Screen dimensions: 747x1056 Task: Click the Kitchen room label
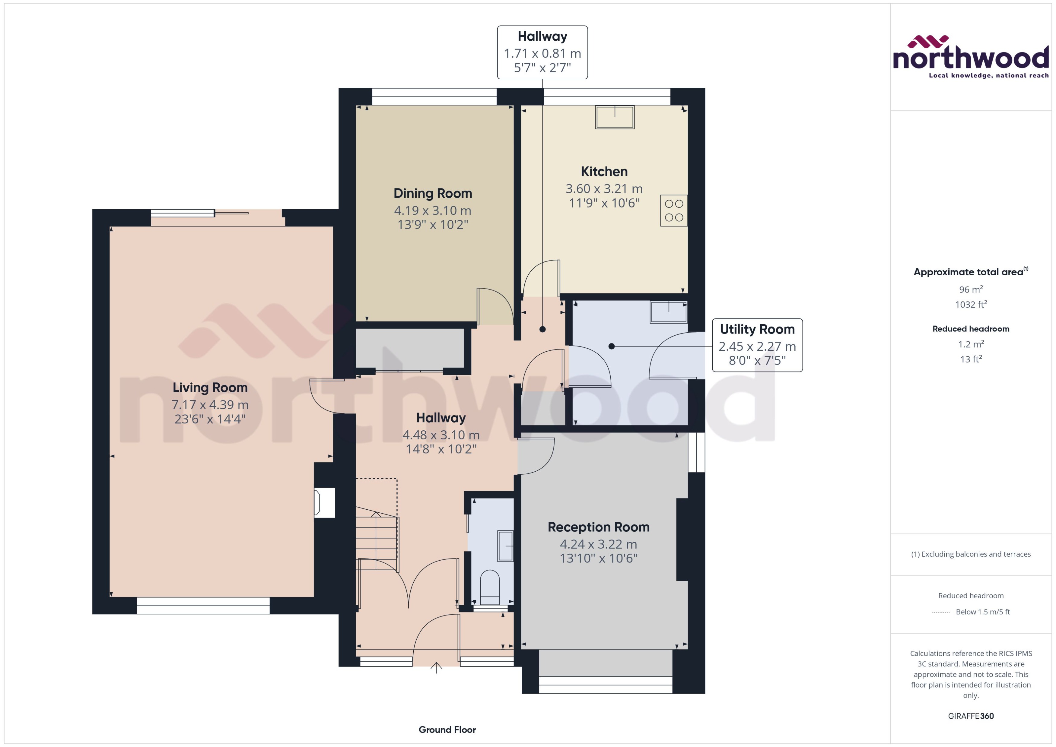[x=604, y=172]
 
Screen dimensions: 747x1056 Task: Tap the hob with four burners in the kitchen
[x=674, y=211]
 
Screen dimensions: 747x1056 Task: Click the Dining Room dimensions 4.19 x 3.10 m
[x=433, y=211]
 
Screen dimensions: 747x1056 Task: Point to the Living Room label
[x=210, y=388]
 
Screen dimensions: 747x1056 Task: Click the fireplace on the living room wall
[x=324, y=502]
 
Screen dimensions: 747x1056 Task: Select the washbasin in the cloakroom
[x=505, y=546]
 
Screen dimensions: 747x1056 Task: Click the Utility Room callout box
[x=757, y=345]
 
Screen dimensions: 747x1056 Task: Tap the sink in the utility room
[x=668, y=312]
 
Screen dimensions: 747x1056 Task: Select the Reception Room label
[x=598, y=527]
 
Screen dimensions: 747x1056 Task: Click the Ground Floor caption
[x=447, y=730]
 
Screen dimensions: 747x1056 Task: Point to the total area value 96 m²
[x=970, y=289]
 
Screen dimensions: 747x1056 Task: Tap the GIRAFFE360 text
[x=970, y=716]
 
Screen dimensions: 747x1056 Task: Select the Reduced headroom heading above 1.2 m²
[x=970, y=329]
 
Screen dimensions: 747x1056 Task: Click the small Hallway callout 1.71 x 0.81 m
[x=542, y=52]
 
